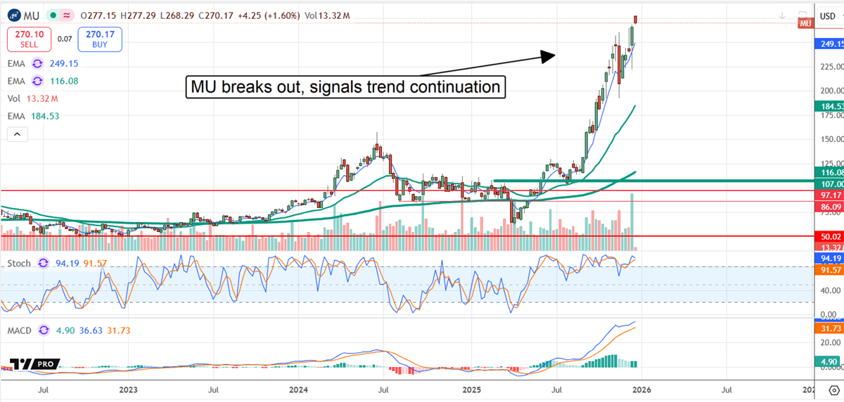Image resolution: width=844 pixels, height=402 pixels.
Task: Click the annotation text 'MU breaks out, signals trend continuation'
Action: (x=345, y=88)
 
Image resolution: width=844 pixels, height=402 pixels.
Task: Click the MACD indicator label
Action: (x=19, y=330)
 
